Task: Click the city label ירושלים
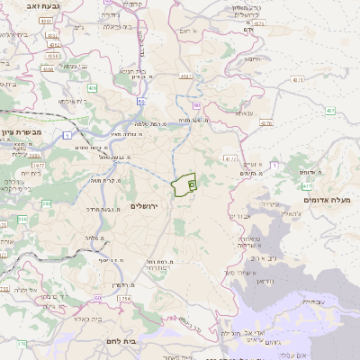point(144,206)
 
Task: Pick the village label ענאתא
point(247,114)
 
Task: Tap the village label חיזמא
point(252,59)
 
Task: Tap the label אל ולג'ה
point(25,290)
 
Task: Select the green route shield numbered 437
point(330,111)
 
